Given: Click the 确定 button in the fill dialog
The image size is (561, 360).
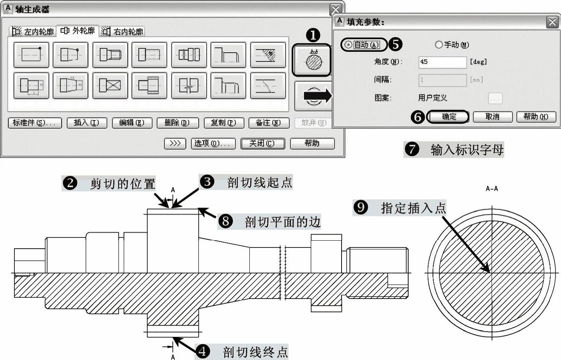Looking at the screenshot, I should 448,117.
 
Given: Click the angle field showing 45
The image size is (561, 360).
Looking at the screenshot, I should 442,62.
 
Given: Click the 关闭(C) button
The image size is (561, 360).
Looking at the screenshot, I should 263,143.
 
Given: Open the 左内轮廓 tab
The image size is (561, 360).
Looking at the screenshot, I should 33,32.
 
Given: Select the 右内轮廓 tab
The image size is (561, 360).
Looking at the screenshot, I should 122,32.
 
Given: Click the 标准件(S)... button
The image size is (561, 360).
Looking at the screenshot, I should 35,123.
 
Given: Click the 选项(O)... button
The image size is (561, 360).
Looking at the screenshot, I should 213,143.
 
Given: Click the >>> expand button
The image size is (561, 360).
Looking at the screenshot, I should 175,143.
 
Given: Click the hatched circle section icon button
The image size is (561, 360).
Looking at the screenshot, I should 312,60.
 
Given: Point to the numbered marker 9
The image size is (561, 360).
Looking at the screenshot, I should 361,207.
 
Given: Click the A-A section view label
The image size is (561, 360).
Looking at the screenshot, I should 492,188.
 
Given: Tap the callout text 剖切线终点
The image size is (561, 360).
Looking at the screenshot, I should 255,352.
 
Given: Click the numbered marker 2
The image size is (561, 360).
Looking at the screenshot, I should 70,183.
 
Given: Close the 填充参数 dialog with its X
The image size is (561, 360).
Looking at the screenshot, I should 552,22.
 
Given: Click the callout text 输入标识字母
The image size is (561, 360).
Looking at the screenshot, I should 467,150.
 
